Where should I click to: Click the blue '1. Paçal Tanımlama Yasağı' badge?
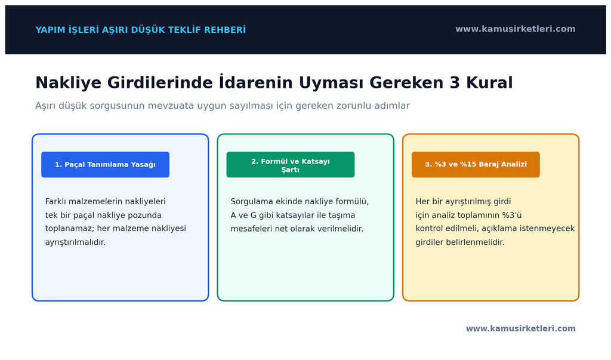105,165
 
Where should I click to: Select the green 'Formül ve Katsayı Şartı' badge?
291,165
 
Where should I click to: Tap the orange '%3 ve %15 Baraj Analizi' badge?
476,165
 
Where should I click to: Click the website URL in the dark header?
515,29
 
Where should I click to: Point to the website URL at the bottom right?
520,328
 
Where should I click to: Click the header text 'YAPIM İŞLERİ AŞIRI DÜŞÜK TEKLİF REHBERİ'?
141,30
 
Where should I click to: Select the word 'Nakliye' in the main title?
69,83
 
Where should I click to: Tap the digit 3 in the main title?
455,83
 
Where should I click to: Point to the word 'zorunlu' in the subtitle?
353,106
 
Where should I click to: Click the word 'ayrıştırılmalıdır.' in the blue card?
75,242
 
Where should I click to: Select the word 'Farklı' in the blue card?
55,201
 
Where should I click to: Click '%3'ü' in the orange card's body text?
511,216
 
